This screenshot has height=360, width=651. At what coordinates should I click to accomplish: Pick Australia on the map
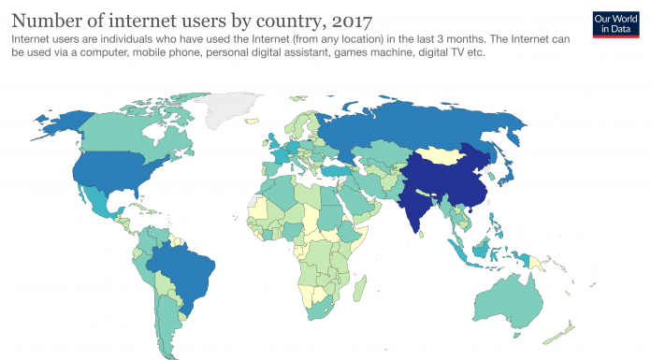pyautogui.click(x=509, y=295)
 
